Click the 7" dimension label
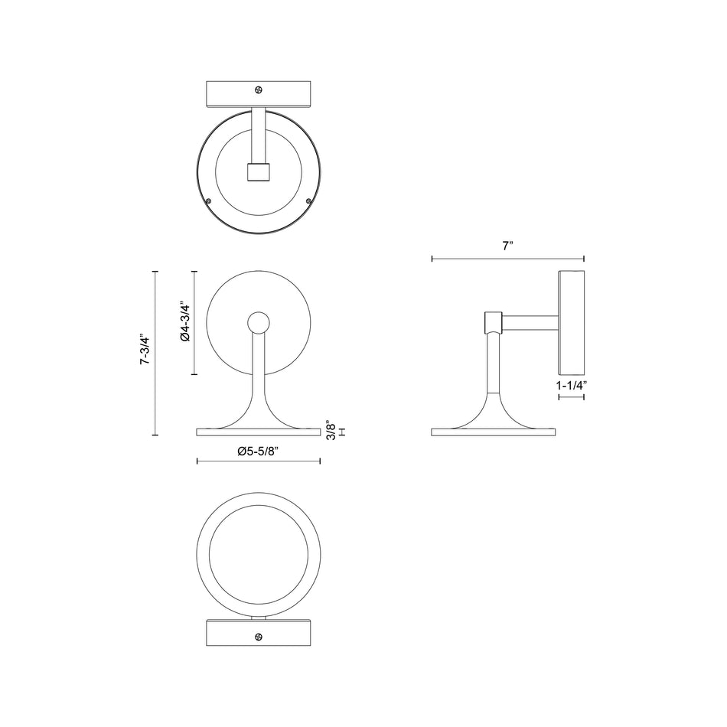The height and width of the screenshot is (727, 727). pyautogui.click(x=507, y=246)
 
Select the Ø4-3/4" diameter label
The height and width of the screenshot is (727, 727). pyautogui.click(x=184, y=323)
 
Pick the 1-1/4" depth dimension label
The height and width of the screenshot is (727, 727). pyautogui.click(x=572, y=386)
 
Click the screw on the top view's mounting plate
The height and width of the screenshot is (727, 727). pyautogui.click(x=259, y=90)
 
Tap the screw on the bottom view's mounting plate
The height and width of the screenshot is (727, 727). pyautogui.click(x=259, y=637)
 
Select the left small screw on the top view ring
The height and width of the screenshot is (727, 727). pyautogui.click(x=209, y=200)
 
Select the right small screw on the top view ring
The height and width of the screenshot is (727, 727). pyautogui.click(x=308, y=200)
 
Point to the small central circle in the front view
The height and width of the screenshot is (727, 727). pyautogui.click(x=258, y=324)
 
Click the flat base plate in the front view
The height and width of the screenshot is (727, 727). pyautogui.click(x=258, y=432)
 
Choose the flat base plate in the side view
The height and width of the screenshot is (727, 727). pyautogui.click(x=494, y=432)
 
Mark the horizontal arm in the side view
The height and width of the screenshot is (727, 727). pyautogui.click(x=531, y=322)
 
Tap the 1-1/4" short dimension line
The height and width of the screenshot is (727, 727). pyautogui.click(x=572, y=398)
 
